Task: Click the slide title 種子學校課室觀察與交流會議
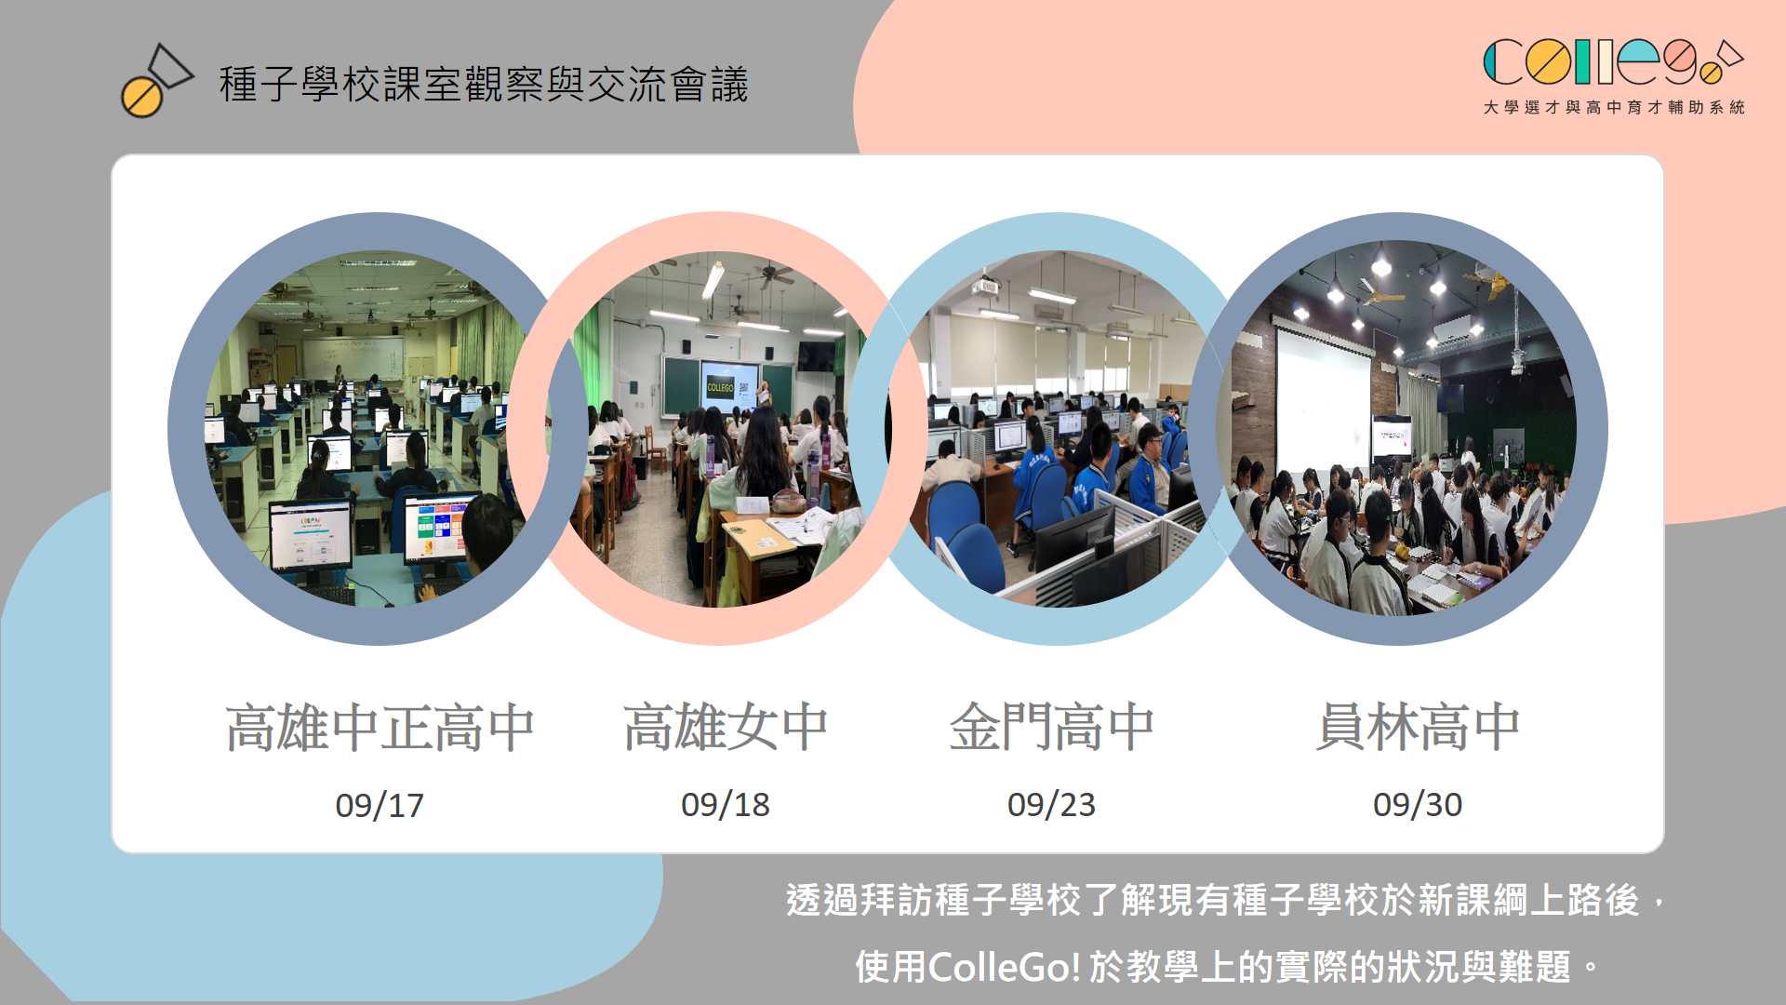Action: pos(484,85)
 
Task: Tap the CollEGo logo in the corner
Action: pos(1613,62)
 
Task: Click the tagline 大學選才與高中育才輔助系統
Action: pos(1614,108)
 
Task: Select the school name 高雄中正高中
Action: pos(380,727)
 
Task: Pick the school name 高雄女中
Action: pos(726,727)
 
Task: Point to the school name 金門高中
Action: pos(1051,727)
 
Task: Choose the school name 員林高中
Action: pos(1418,727)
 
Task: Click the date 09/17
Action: pos(380,805)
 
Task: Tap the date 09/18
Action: pos(726,805)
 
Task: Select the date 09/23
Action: pos(1051,805)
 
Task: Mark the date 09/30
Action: pos(1418,805)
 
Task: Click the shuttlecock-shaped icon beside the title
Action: pos(156,81)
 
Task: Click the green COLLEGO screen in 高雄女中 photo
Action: pos(721,387)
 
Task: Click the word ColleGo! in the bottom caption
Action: pos(1005,968)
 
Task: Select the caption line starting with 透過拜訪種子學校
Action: pos(1226,900)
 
